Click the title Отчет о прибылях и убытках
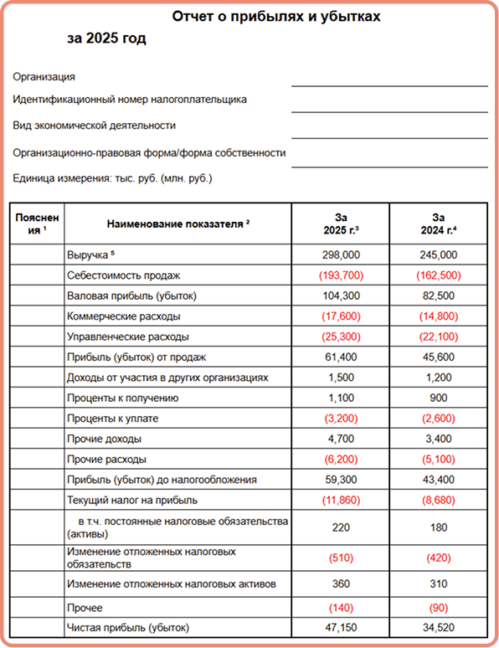(x=277, y=17)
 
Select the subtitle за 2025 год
(x=106, y=39)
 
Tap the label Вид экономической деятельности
(x=95, y=126)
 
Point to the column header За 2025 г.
(x=341, y=224)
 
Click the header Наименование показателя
(x=178, y=224)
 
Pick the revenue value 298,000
(x=341, y=255)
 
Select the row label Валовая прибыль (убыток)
(x=131, y=296)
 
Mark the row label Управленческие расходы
(x=127, y=337)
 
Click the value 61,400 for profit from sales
(x=341, y=357)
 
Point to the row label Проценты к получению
(x=122, y=398)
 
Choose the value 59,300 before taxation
(x=341, y=480)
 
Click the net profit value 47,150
(x=341, y=626)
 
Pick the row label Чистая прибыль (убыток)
(x=127, y=626)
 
